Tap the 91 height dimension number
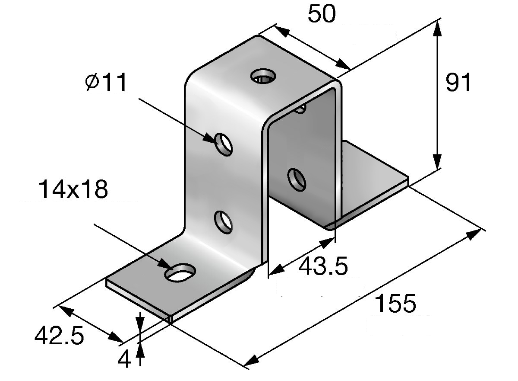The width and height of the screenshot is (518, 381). (458, 82)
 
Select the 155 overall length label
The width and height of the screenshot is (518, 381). (396, 303)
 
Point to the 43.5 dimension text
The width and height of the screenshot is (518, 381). (323, 266)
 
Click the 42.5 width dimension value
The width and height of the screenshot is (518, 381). (59, 335)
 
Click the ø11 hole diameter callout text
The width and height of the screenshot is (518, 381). (106, 82)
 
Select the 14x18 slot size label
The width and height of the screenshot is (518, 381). (73, 190)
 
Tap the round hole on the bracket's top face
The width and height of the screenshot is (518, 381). (263, 76)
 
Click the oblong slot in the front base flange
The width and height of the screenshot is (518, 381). (180, 272)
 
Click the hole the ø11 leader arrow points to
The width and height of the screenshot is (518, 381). (224, 144)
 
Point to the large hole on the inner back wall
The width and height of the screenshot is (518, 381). (297, 179)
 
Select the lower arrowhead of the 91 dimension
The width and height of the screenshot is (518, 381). (437, 161)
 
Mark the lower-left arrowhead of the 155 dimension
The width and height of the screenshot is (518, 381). (251, 362)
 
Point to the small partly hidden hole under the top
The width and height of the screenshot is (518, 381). (300, 109)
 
